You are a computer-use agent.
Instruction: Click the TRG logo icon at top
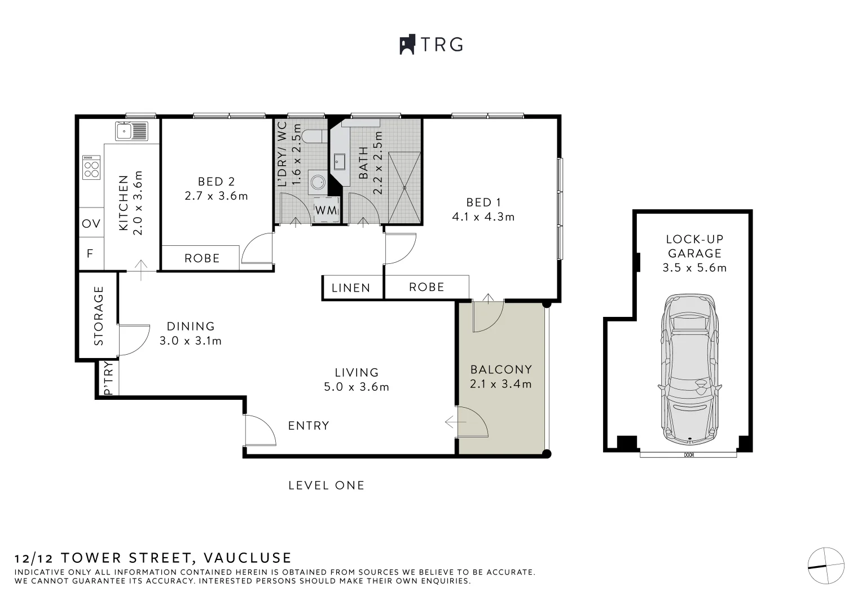[x=407, y=45]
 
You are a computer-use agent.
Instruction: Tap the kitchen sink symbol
[x=131, y=131]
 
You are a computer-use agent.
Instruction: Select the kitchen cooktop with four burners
[x=91, y=167]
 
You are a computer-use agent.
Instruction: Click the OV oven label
[x=91, y=224]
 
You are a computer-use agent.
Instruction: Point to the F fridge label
[x=90, y=254]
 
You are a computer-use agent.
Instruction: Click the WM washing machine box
[x=326, y=210]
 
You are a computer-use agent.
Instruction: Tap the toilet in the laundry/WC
[x=311, y=136]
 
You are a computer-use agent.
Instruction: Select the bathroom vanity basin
[x=340, y=162]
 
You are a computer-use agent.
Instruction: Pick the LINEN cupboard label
[x=351, y=288]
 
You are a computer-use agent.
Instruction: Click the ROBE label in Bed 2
[x=202, y=258]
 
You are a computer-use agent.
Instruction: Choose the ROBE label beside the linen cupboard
[x=426, y=287]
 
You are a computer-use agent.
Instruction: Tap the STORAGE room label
[x=99, y=316]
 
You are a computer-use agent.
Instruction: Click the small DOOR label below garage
[x=689, y=455]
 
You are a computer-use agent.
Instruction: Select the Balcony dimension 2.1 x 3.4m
[x=501, y=384]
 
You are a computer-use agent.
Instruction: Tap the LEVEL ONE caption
[x=326, y=486]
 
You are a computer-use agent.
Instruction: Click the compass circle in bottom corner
[x=826, y=566]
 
